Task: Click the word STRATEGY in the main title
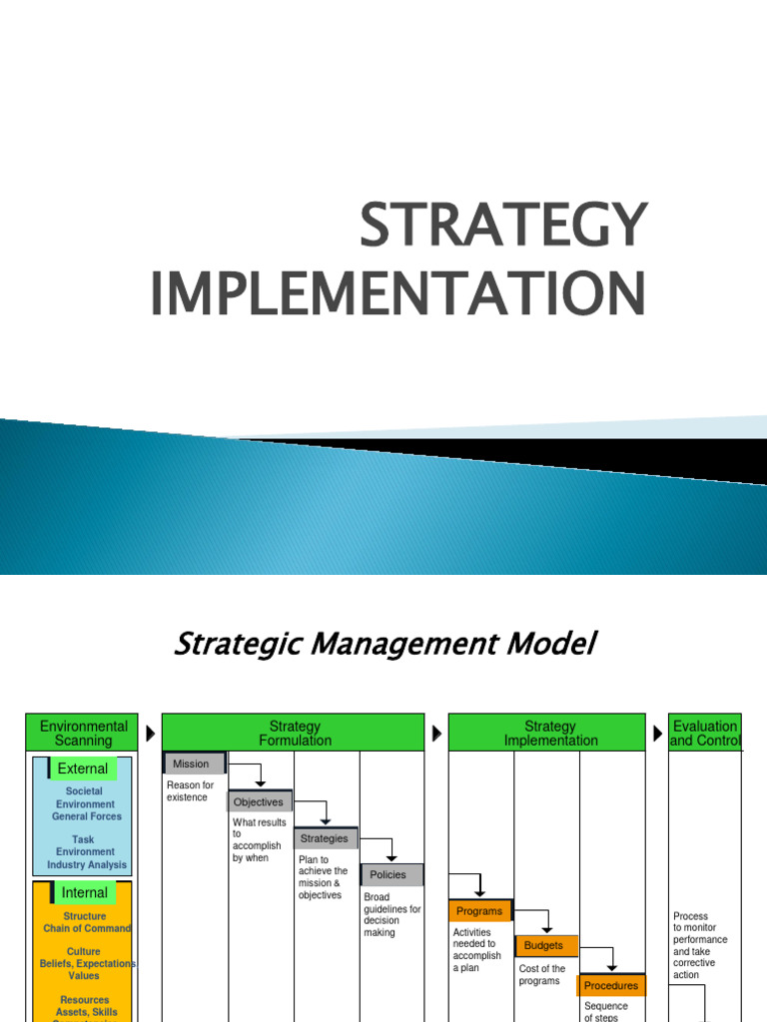click(503, 226)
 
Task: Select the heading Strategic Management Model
click(384, 645)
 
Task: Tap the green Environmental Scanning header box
click(84, 733)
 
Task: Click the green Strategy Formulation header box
click(295, 733)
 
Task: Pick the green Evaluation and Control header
click(705, 733)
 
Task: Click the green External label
click(83, 768)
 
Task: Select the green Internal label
click(85, 892)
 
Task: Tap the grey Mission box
click(193, 764)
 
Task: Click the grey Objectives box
click(259, 801)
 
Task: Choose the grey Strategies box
click(325, 838)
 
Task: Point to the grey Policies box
click(389, 874)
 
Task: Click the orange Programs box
click(479, 910)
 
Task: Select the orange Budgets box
click(545, 945)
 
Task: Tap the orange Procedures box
click(610, 985)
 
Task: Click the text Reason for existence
click(190, 791)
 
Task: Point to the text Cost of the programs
click(542, 974)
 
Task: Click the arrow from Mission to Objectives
click(255, 771)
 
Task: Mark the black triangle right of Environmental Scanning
click(151, 734)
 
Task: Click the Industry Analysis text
click(87, 865)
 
